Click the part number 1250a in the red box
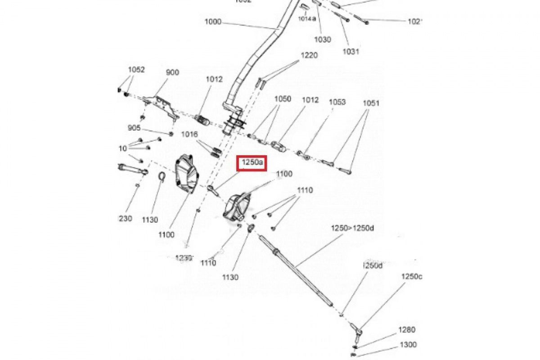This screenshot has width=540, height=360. point(252,162)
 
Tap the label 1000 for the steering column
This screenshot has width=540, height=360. point(213,21)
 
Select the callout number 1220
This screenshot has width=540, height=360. point(309,55)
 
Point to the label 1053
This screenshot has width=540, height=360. point(337,102)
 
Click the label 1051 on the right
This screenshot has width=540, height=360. point(371,103)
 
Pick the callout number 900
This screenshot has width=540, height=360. point(172,72)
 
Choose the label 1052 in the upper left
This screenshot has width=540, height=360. point(136,70)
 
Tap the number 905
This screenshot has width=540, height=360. point(134,128)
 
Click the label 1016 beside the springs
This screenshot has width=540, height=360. point(189,134)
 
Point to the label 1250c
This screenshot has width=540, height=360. point(412,276)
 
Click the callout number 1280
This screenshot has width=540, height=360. point(407,330)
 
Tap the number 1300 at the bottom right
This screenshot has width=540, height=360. point(408,345)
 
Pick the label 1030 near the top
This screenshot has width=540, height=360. point(322,40)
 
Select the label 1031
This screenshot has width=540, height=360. point(351,51)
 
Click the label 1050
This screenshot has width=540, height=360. point(283,99)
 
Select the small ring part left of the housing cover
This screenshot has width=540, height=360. point(161,177)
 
